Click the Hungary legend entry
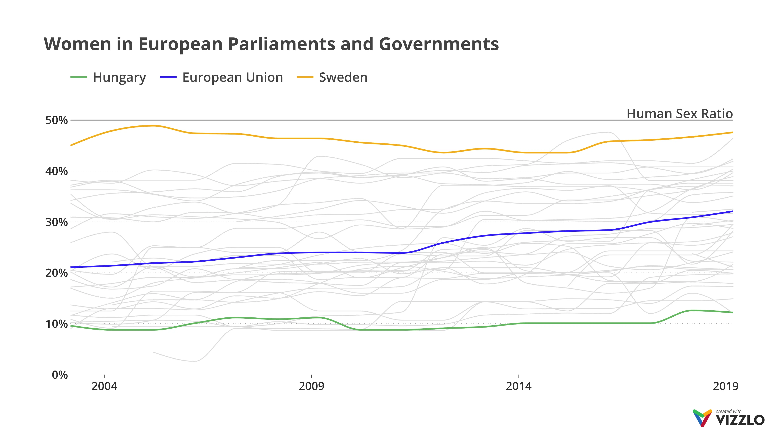point(119,77)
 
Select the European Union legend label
point(232,77)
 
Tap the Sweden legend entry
point(343,77)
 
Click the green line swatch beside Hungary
point(79,77)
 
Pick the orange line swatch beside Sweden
point(305,77)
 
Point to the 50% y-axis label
point(56,120)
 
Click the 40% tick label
point(56,171)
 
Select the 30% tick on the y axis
point(56,222)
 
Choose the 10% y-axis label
point(56,324)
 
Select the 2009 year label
point(311,386)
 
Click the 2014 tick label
point(518,386)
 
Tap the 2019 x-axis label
point(725,386)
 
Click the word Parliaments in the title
point(282,44)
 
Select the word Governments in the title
point(438,44)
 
